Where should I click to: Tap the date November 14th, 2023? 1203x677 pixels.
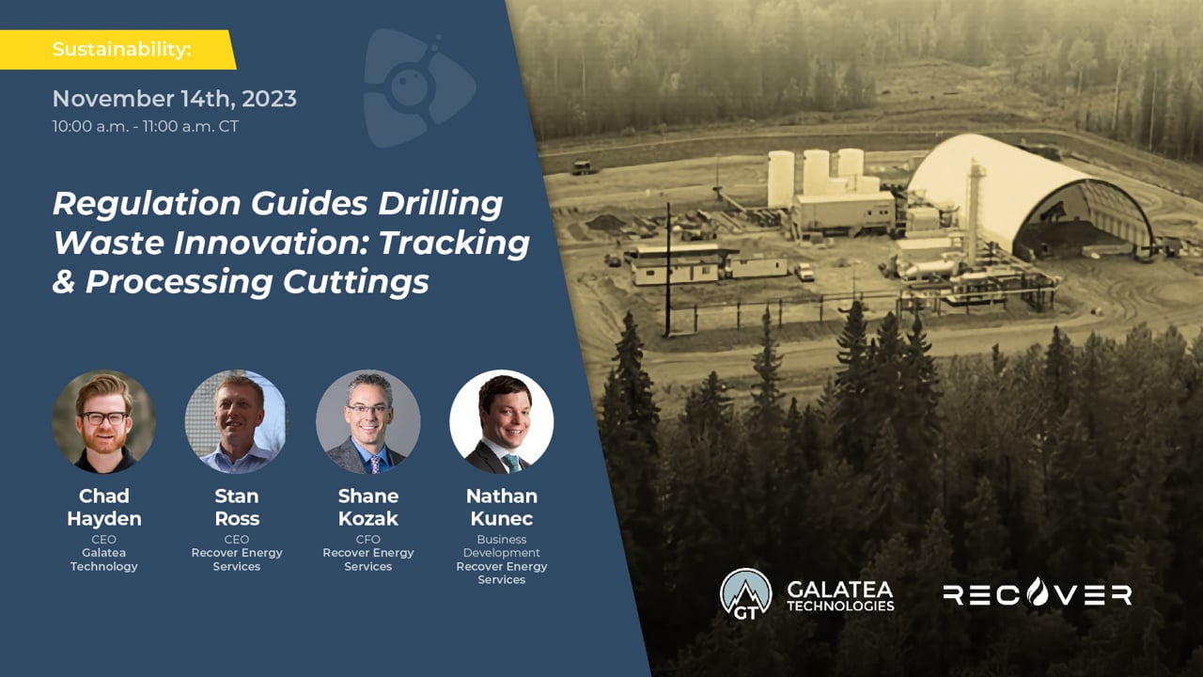pos(174,99)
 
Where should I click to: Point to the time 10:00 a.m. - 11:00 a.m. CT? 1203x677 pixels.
pos(146,126)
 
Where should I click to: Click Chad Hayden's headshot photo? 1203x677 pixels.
pos(104,421)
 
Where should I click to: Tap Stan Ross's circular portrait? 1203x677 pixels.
pos(236,421)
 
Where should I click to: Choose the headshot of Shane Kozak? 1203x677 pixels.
pos(367,421)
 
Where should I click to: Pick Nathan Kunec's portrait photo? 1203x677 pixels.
pos(501,421)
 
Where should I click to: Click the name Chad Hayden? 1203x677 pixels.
pos(103,507)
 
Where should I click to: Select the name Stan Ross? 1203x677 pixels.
pos(236,507)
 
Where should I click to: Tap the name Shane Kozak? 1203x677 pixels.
pos(367,507)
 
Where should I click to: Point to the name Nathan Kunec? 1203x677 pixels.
pos(501,507)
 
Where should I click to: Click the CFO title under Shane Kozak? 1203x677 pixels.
pos(367,540)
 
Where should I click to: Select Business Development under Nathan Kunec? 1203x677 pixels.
pos(501,546)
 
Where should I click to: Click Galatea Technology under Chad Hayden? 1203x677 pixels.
pos(103,559)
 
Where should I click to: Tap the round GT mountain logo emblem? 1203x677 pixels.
pos(745,593)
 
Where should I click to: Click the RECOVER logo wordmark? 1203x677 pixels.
pos(1037,593)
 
